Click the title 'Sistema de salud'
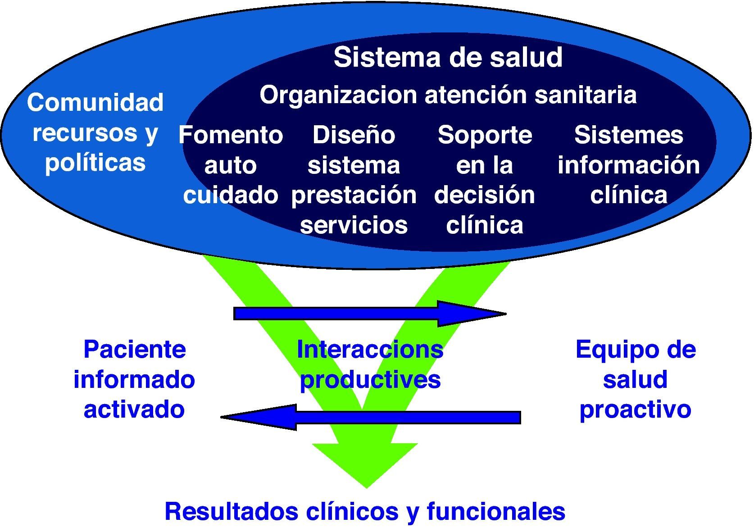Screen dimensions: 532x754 tap(448, 57)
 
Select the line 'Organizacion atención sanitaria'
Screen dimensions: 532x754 tap(448, 95)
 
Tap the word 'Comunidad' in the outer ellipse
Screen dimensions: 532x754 tap(95, 103)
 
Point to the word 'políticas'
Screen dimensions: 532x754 tap(95, 163)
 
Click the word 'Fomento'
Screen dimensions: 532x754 tap(231, 135)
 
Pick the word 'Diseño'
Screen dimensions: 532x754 tap(354, 135)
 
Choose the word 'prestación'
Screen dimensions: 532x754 tap(354, 196)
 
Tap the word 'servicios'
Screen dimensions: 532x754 tap(354, 225)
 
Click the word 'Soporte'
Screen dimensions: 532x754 tap(485, 135)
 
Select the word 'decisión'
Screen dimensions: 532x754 tap(485, 196)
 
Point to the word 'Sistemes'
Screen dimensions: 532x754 tap(628, 135)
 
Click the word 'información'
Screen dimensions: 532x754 tap(628, 165)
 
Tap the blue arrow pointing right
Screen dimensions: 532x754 tap(369, 314)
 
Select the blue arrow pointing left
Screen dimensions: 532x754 tap(369, 417)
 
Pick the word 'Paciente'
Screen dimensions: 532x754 tap(135, 350)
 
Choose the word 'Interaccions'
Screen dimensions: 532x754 tap(370, 350)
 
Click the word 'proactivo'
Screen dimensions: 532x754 tap(635, 409)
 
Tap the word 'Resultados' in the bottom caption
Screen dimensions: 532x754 tap(232, 511)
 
